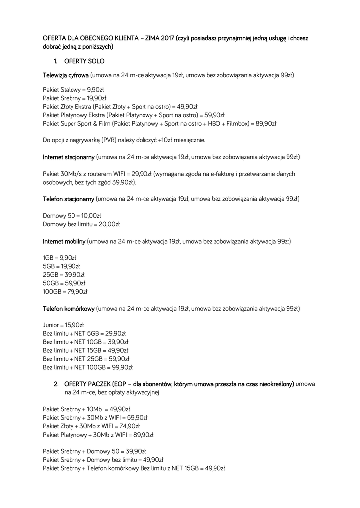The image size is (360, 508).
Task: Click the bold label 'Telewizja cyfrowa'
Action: coord(66,76)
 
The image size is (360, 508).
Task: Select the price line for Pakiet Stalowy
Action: coord(73,90)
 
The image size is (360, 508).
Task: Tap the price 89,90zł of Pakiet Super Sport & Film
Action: coord(266,123)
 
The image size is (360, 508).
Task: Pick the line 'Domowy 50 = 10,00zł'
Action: coord(72,216)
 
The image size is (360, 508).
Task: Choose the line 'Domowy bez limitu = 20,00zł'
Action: coord(81,224)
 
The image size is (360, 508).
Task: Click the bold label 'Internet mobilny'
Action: coord(64,241)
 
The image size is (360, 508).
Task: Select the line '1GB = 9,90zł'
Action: coord(60,258)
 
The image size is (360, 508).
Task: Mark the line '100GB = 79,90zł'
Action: coord(65,292)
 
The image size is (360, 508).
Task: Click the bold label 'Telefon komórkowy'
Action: coord(69,309)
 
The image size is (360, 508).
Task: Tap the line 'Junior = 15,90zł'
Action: coord(64,325)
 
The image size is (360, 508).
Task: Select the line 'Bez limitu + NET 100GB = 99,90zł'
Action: coord(88,368)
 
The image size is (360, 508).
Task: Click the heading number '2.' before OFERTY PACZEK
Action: coord(57,384)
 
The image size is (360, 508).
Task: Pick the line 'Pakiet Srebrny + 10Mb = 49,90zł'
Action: coord(86,409)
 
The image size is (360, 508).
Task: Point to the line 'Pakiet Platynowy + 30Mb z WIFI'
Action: coord(98,435)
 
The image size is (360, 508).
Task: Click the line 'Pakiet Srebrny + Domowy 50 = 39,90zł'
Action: coord(94,451)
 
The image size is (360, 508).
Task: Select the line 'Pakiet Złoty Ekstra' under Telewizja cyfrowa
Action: coord(120,106)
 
